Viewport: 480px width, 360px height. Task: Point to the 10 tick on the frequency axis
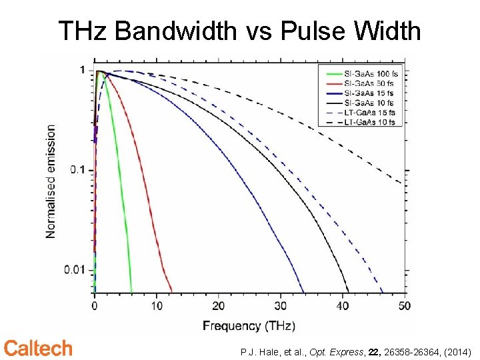[x=156, y=306]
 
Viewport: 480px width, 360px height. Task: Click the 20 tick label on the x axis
[x=218, y=306]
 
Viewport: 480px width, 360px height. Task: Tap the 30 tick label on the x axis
[x=280, y=306]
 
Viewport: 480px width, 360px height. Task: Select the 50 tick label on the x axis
[x=403, y=306]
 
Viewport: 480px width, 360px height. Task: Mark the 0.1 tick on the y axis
[x=79, y=170]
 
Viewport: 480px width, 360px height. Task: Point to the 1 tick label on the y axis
[x=81, y=70]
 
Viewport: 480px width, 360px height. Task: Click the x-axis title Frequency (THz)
[x=249, y=326]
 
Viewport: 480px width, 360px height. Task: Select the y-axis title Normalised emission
[x=51, y=181]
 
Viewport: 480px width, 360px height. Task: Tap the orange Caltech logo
[x=38, y=348]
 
